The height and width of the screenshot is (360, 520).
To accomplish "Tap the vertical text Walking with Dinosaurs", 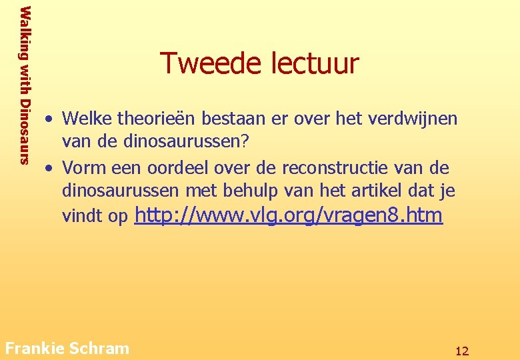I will (25, 85).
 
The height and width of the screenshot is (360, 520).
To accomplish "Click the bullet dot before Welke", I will (49, 119).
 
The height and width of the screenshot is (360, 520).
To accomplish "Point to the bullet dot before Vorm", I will (49, 167).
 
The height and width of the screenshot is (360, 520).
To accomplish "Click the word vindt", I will (79, 216).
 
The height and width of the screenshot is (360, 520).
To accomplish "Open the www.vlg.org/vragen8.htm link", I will (289, 215).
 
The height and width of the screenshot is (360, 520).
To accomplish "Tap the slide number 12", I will (462, 351).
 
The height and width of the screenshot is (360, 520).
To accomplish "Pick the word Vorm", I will (84, 167).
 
